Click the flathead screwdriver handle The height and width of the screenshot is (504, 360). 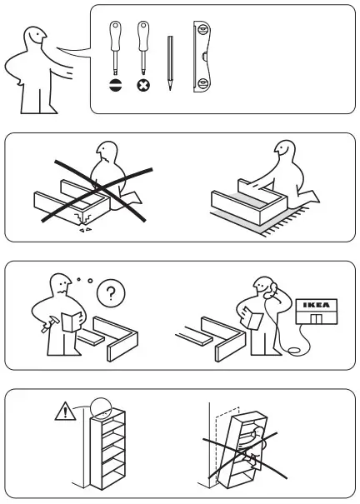[x=115, y=37]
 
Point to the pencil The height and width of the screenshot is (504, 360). [x=170, y=62]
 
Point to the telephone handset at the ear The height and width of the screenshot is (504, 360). [x=268, y=291]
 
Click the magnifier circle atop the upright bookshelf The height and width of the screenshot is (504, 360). [x=102, y=407]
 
